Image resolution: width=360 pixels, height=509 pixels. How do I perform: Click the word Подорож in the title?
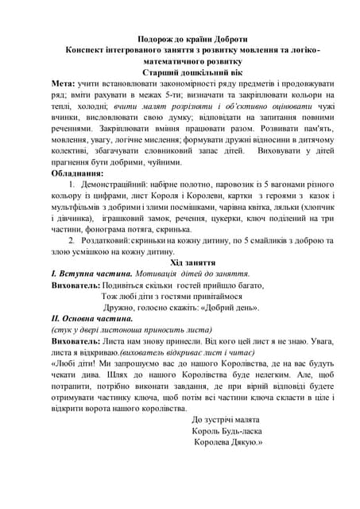(153, 38)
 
